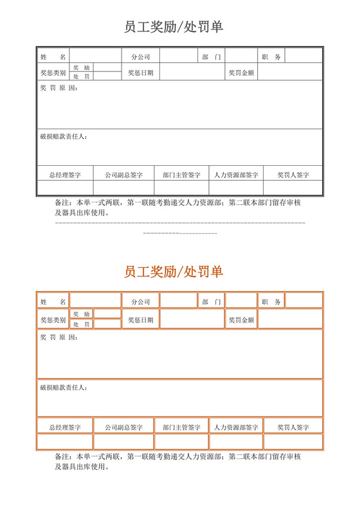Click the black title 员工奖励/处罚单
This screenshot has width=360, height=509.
(174, 27)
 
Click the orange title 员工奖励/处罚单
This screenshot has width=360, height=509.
(174, 272)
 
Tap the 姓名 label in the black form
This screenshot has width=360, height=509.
(53, 57)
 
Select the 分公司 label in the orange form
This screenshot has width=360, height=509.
(140, 301)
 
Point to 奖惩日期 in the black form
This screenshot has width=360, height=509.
(140, 73)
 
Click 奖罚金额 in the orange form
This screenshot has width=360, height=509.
(242, 319)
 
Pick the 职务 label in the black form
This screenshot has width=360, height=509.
(272, 57)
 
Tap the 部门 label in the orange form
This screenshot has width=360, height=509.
(212, 301)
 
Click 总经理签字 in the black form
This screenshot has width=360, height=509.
(65, 174)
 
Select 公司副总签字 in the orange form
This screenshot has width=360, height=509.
(124, 426)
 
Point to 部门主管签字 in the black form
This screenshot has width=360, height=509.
(182, 174)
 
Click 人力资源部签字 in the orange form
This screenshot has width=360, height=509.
(236, 426)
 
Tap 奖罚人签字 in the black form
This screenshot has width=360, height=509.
(293, 174)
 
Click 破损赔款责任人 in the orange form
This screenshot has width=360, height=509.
(64, 388)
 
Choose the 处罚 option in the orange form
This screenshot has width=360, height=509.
(82, 325)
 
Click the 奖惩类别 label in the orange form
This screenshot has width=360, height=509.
(53, 319)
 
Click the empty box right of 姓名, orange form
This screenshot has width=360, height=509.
(96, 301)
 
